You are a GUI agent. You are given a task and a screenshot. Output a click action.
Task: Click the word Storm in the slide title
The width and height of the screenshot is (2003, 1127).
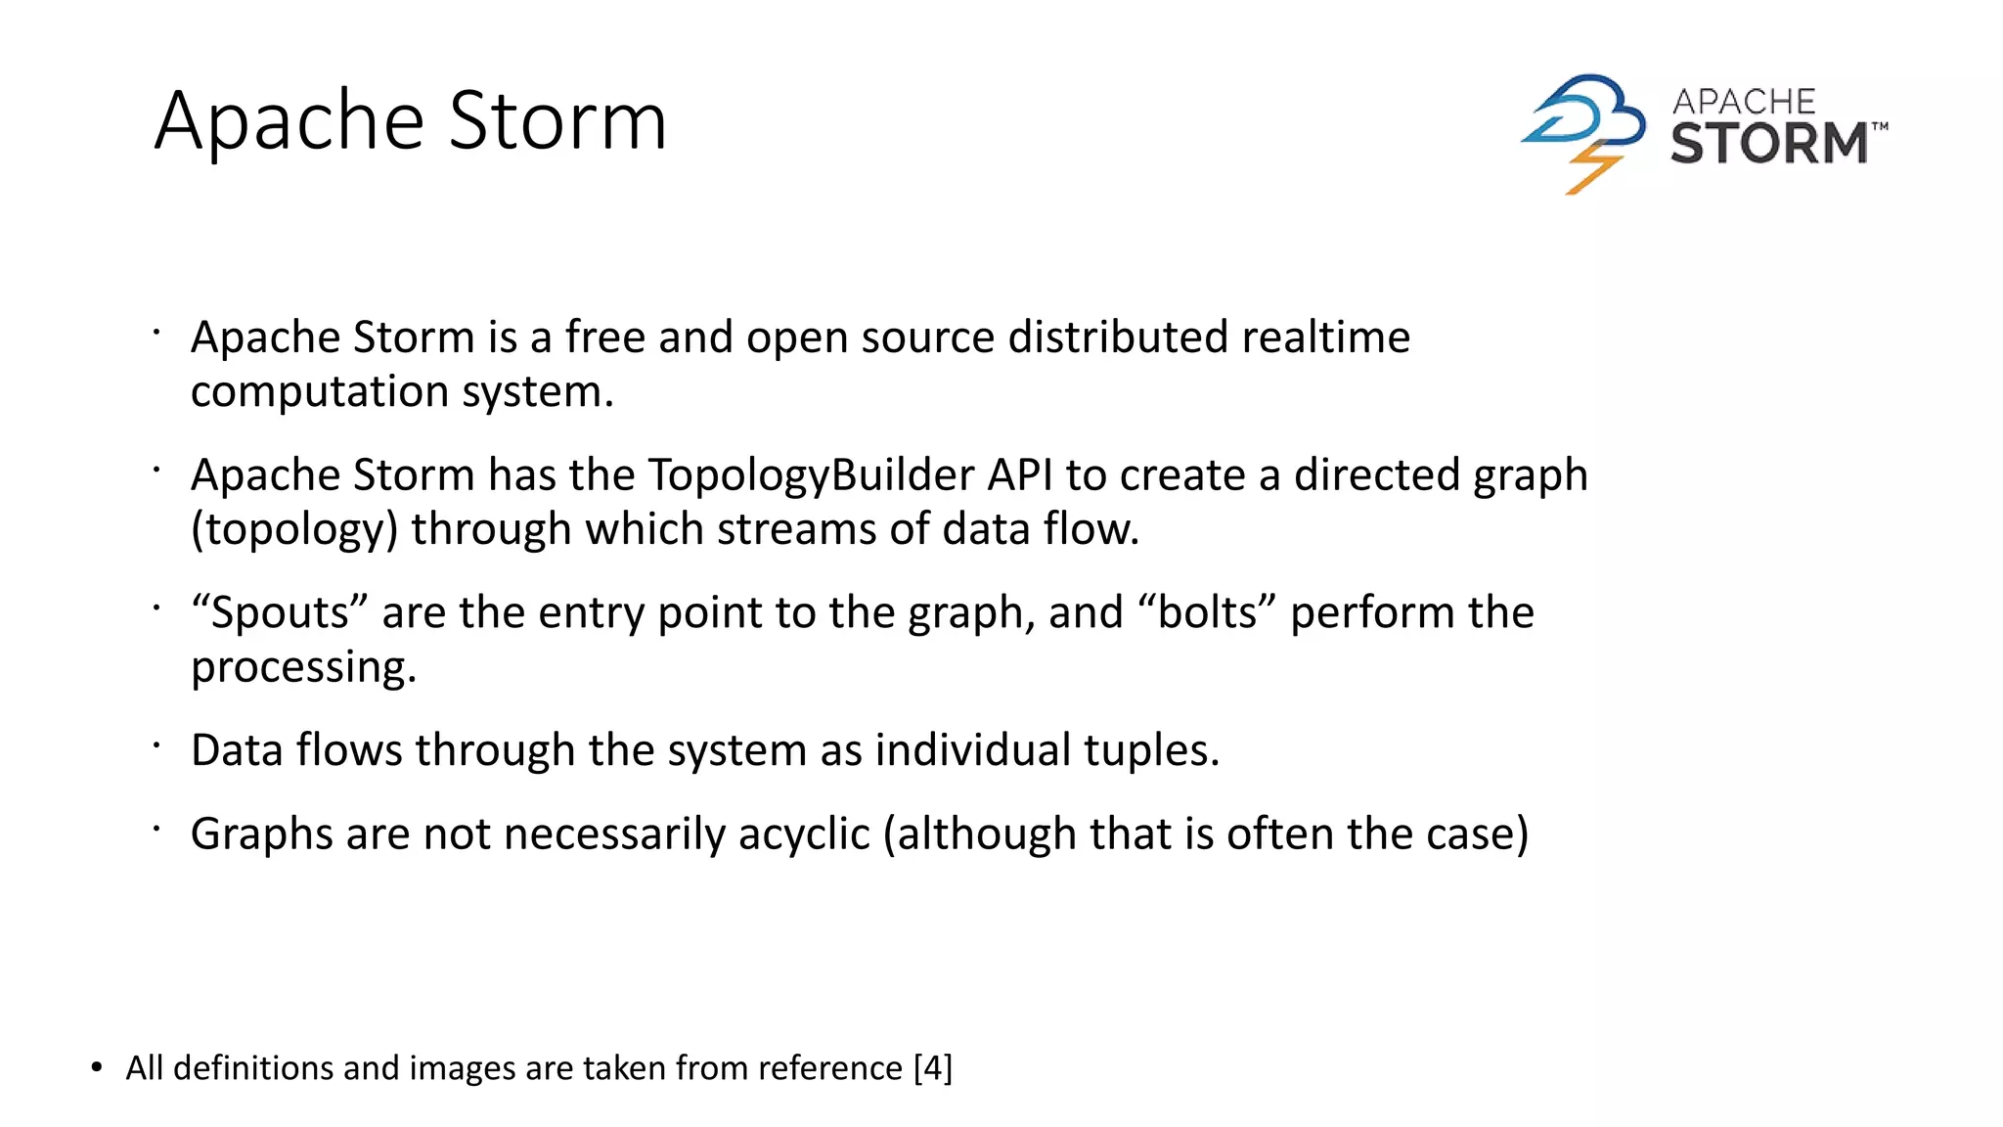(557, 121)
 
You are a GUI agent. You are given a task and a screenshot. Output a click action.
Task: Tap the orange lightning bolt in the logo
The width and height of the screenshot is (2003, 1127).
(1592, 168)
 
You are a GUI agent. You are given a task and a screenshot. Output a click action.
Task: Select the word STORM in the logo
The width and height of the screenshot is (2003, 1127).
(1768, 143)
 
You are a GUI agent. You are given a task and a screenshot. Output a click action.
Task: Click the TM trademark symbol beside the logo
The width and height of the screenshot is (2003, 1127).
(1880, 126)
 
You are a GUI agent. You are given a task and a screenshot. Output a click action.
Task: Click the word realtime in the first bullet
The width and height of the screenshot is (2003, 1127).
(1325, 338)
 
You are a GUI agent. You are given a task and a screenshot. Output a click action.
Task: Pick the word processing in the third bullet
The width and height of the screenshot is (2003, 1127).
(303, 668)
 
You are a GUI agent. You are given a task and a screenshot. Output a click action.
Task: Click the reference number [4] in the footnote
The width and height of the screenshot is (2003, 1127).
(932, 1067)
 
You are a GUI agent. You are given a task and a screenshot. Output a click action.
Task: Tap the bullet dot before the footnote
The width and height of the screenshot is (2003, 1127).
(96, 1067)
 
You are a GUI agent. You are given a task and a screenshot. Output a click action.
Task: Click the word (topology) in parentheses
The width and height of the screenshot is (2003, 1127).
(294, 530)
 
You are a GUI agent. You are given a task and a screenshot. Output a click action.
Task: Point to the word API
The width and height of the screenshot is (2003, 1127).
(1020, 475)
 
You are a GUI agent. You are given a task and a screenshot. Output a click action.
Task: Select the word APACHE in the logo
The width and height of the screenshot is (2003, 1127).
(1743, 102)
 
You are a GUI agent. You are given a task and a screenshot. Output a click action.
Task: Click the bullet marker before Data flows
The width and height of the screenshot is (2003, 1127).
(156, 745)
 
